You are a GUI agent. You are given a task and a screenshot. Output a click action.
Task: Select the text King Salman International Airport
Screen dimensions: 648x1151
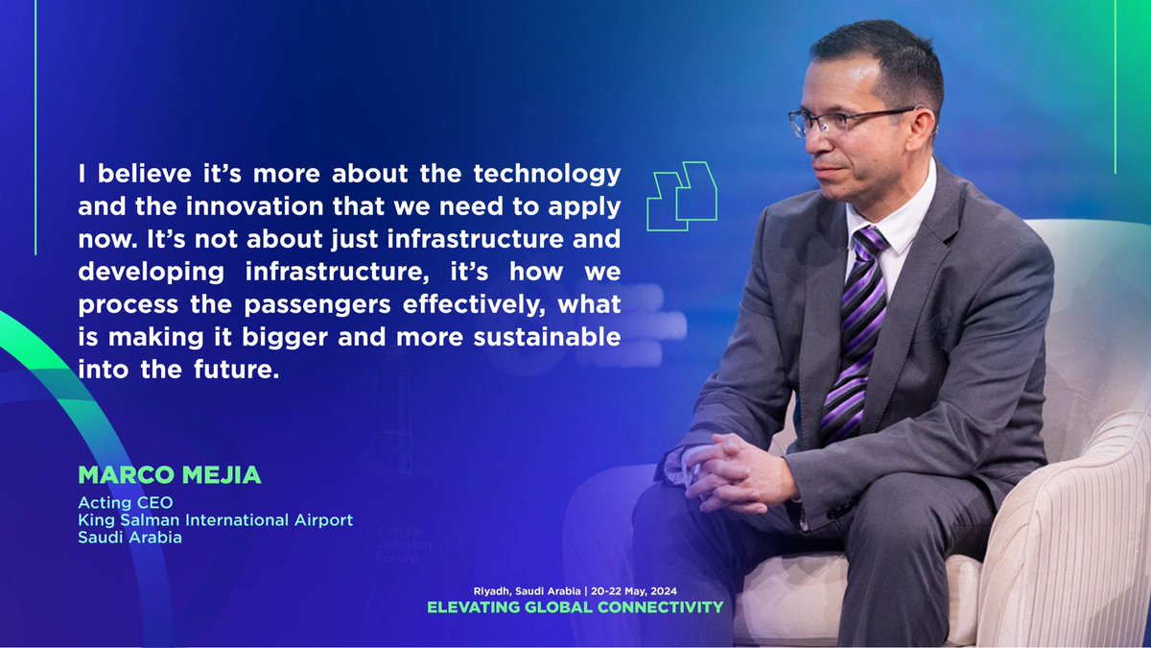point(215,520)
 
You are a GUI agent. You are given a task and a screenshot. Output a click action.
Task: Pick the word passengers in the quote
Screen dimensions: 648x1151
point(299,304)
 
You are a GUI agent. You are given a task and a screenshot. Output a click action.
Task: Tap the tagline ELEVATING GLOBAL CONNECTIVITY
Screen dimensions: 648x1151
point(575,607)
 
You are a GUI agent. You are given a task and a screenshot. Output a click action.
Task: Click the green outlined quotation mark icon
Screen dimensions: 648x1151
point(682,196)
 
